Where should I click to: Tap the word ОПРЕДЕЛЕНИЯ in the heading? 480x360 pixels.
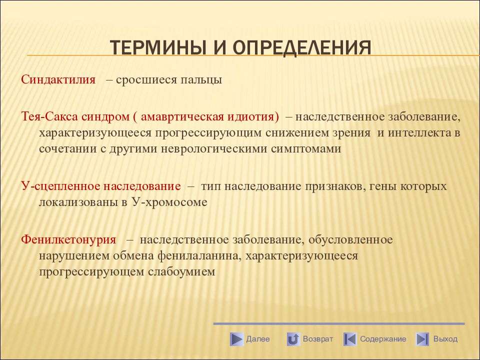302,48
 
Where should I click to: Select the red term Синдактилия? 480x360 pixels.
58,79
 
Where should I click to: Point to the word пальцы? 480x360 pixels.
201,80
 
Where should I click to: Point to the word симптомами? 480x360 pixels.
306,149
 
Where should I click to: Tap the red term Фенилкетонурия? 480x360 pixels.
68,239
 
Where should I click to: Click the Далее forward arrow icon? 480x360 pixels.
236,339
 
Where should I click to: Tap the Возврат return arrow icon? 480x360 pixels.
293,339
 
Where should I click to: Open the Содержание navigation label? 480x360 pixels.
383,339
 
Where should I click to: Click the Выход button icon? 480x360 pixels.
422,339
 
